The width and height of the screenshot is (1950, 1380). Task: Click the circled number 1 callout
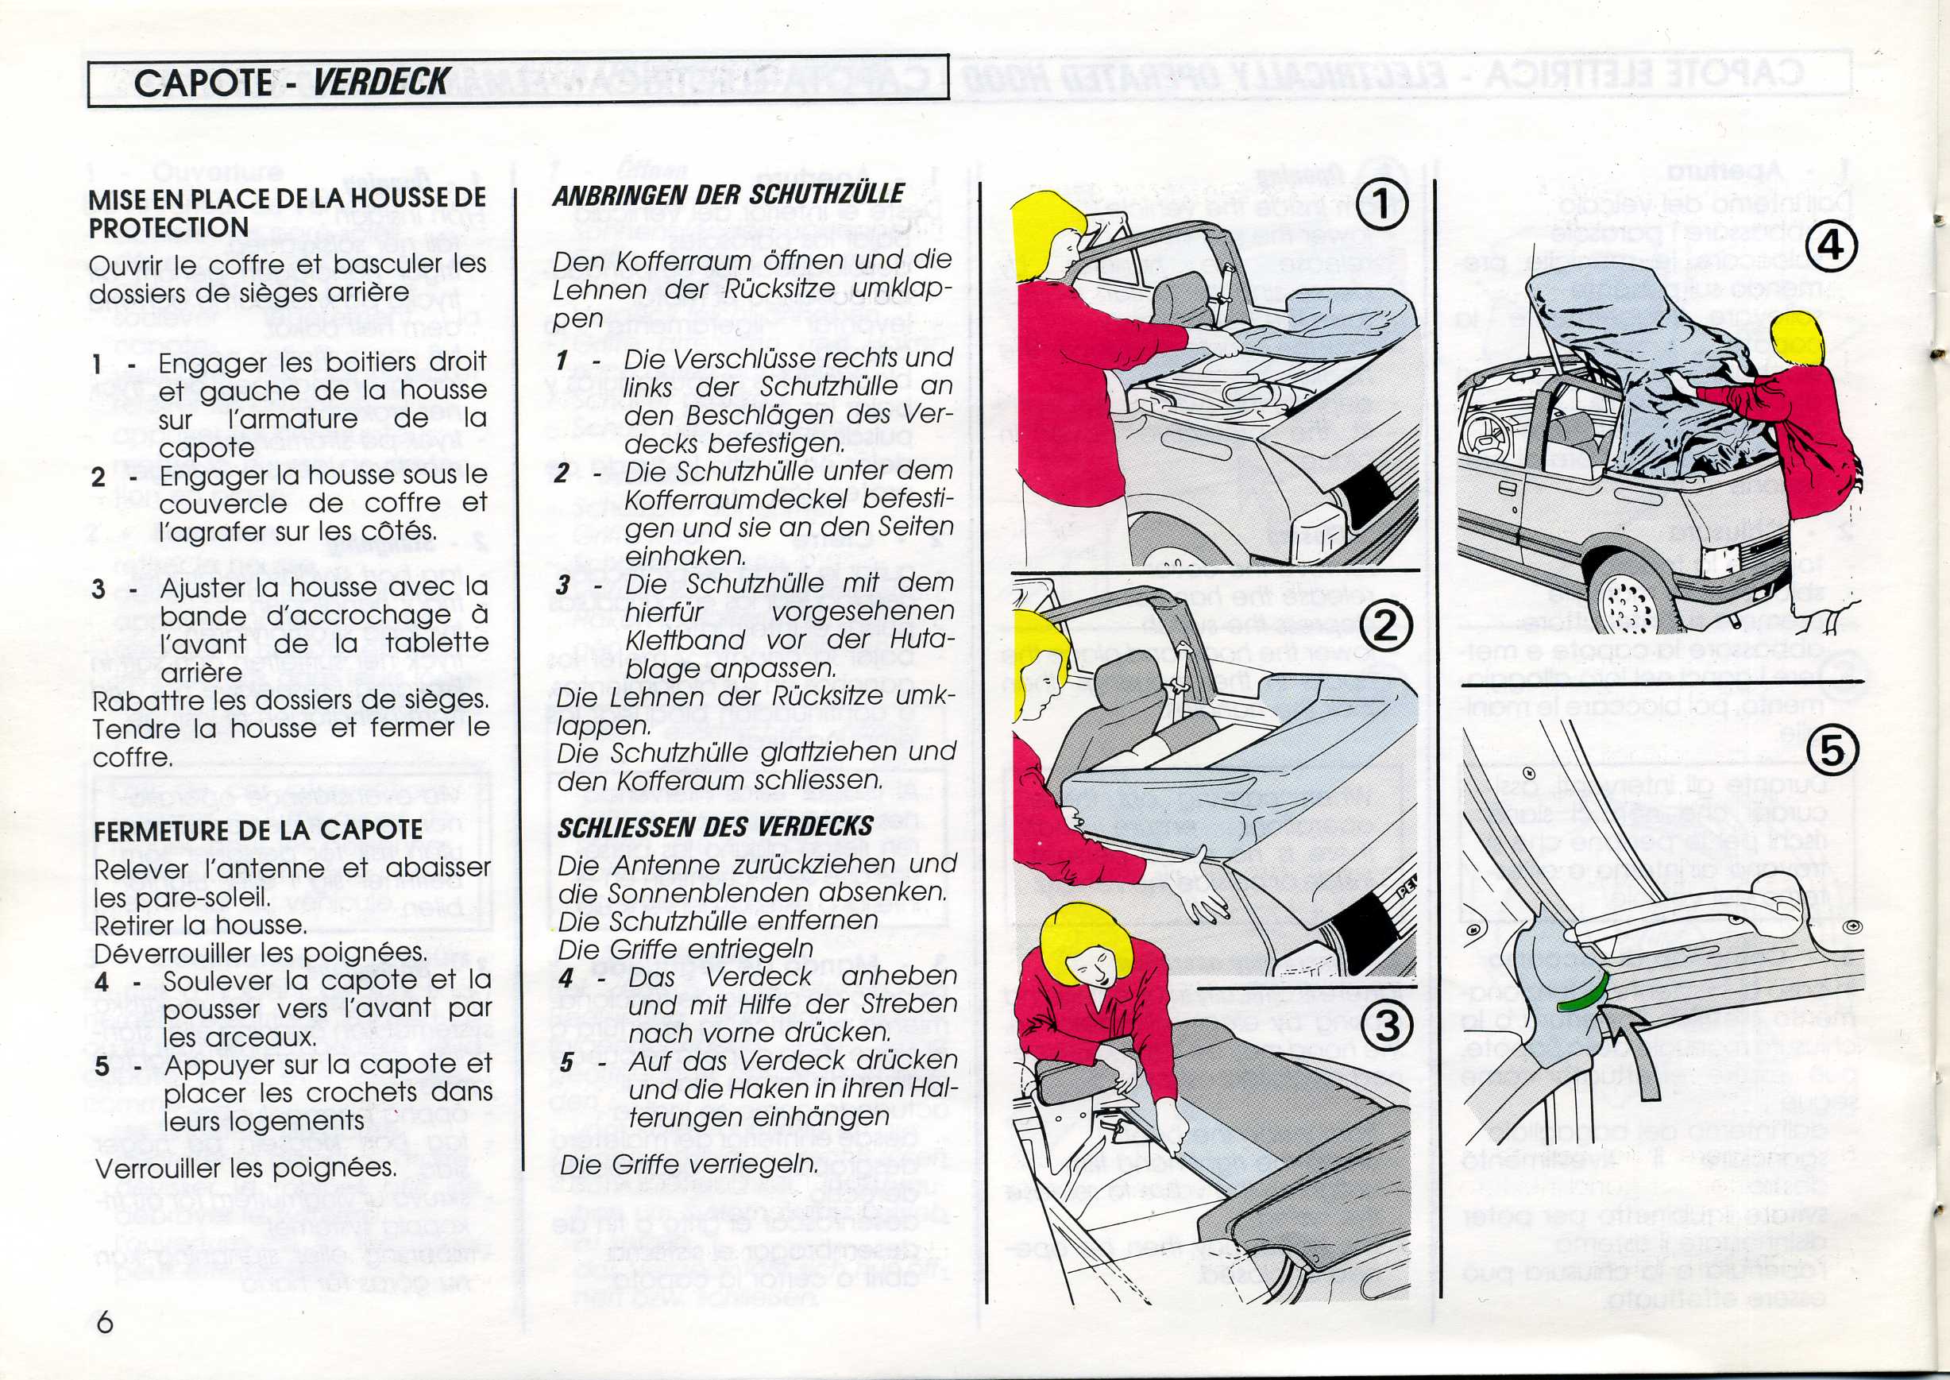click(x=1382, y=207)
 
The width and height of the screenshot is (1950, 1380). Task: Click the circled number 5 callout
click(x=1832, y=750)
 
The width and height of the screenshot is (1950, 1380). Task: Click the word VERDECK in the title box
click(x=380, y=83)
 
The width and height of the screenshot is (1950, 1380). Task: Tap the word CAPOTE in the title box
click(x=203, y=83)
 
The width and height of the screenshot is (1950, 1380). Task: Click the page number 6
click(x=104, y=1323)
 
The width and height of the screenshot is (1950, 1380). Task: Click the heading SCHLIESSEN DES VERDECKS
click(x=716, y=827)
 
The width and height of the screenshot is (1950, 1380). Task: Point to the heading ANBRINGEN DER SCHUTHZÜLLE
click(x=728, y=195)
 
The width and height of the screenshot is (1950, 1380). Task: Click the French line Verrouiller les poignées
click(x=245, y=1169)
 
